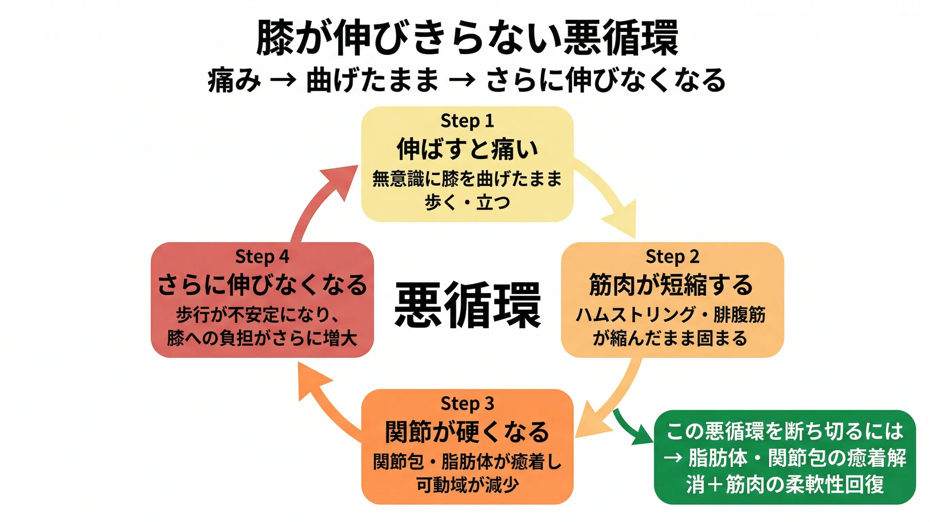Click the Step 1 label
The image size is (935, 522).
(x=467, y=121)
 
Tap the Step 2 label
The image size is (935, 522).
(x=672, y=257)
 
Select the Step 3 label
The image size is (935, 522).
(x=467, y=404)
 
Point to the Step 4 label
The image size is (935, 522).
(x=262, y=257)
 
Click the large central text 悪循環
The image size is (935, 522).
(x=467, y=305)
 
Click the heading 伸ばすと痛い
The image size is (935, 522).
(x=467, y=149)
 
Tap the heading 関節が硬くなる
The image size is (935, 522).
(x=467, y=432)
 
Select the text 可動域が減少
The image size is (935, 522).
(x=467, y=485)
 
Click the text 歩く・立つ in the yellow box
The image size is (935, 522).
(x=467, y=203)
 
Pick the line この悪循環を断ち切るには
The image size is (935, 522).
(x=784, y=431)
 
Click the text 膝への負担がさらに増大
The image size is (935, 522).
(x=262, y=338)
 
